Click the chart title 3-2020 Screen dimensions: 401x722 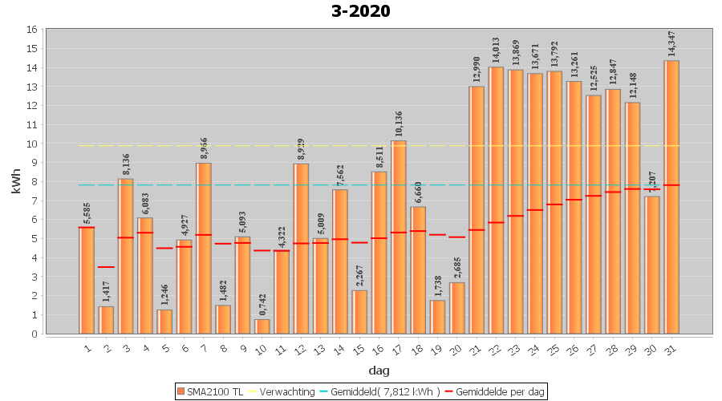coord(360,11)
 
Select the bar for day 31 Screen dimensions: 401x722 coord(671,196)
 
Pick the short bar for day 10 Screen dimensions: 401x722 coord(262,326)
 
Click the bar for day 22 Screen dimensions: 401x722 coord(496,200)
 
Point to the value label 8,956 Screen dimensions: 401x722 coord(204,148)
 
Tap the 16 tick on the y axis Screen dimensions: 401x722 coord(32,30)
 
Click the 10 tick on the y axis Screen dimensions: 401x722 coord(32,144)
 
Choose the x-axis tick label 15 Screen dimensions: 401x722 coord(359,348)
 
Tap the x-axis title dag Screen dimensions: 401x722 coord(379,371)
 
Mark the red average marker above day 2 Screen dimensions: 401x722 coord(106,267)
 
